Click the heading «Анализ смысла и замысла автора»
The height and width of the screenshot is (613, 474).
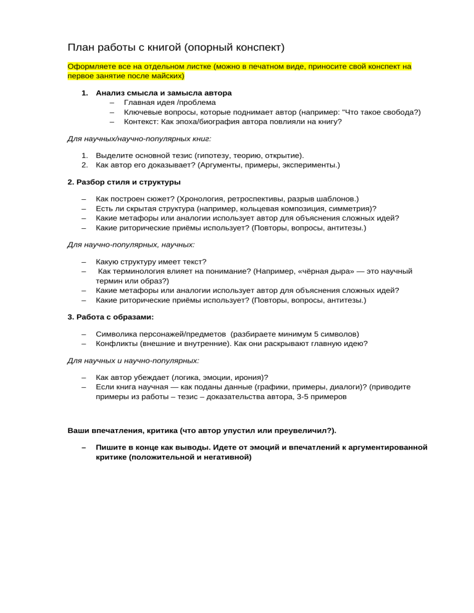(x=164, y=93)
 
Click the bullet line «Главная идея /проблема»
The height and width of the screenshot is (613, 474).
(x=170, y=102)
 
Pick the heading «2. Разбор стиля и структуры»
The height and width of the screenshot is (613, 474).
(x=123, y=182)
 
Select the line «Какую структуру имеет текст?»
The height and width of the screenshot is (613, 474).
(x=151, y=261)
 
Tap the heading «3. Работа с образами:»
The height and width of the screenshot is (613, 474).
(x=110, y=316)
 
